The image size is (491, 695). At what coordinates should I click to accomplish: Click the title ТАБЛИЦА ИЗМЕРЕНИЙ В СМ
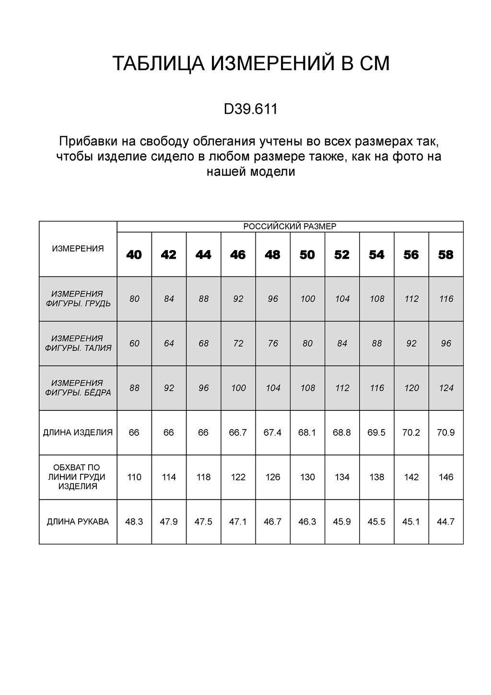tap(251, 64)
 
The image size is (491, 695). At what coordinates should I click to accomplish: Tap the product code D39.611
tap(251, 109)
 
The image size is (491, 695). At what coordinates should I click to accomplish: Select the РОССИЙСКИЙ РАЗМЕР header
tap(290, 227)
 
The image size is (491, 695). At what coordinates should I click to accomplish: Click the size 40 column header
tap(134, 255)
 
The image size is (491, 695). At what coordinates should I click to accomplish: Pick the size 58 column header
tap(446, 255)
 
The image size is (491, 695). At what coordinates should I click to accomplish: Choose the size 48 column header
tap(272, 255)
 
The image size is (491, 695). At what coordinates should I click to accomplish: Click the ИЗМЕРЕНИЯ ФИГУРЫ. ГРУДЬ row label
tap(78, 299)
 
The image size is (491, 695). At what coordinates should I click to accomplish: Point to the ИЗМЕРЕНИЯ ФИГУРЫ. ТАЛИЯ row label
tap(78, 343)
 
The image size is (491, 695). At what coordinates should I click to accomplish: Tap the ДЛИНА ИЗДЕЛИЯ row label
tap(78, 432)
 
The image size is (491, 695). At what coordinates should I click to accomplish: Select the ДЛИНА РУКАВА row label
tap(78, 522)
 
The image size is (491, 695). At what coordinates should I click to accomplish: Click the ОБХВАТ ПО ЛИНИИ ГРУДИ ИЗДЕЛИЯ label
tap(78, 477)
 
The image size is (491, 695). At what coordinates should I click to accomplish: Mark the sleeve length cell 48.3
tap(134, 522)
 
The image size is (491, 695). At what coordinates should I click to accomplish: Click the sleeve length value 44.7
tap(446, 522)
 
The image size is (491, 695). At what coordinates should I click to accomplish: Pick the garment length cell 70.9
tap(446, 432)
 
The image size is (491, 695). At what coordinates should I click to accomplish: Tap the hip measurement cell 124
tap(446, 388)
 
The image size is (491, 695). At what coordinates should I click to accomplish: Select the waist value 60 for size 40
tap(134, 343)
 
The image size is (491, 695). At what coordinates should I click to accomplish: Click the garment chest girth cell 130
tap(307, 477)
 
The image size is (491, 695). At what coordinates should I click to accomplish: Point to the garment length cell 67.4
tap(272, 432)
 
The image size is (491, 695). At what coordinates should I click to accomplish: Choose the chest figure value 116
tap(446, 299)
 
